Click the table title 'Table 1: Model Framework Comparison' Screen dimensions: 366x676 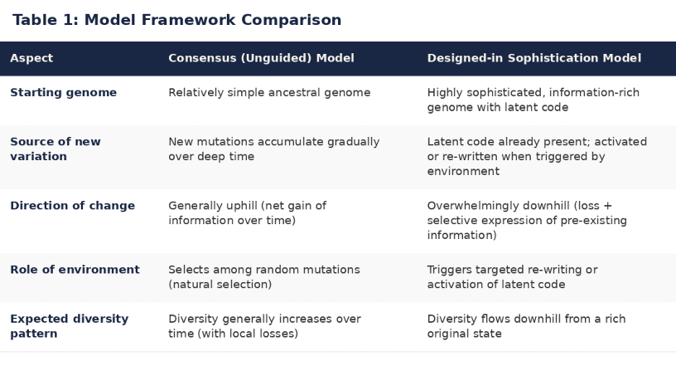tap(176, 20)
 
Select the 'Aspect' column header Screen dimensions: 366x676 tap(31, 58)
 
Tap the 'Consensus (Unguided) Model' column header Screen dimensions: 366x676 tap(261, 58)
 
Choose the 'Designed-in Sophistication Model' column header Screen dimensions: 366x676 tap(534, 58)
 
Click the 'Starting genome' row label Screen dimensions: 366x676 tap(63, 92)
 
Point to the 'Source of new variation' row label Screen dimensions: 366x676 tap(56, 149)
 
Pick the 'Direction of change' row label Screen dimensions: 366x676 tap(72, 206)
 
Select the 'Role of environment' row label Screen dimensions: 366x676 tap(75, 270)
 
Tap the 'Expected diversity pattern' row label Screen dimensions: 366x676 tap(69, 326)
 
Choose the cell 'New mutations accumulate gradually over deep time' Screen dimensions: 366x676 tap(273, 149)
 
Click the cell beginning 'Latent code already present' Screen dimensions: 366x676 tap(537, 156)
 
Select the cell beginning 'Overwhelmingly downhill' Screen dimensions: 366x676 tap(527, 220)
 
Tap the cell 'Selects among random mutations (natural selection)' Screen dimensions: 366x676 tap(263, 277)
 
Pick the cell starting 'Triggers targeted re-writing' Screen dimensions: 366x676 tap(512, 277)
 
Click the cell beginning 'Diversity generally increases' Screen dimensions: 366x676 tap(264, 326)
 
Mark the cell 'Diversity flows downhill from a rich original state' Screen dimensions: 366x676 tap(526, 326)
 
